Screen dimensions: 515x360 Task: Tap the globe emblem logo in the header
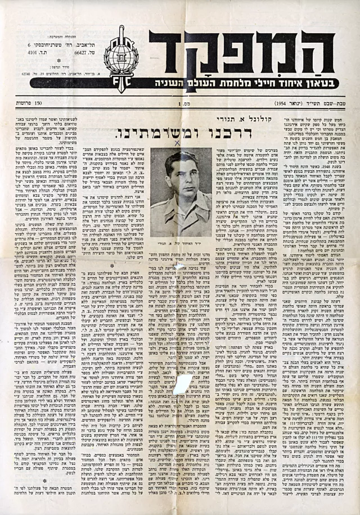120,54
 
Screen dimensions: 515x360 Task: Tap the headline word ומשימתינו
159,134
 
